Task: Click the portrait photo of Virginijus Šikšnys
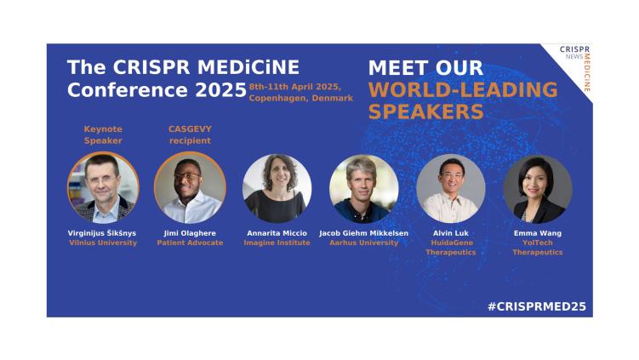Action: pyautogui.click(x=102, y=188)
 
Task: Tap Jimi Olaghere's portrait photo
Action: pyautogui.click(x=189, y=188)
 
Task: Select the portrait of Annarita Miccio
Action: pyautogui.click(x=277, y=188)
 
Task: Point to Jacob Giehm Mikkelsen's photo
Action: pyautogui.click(x=363, y=188)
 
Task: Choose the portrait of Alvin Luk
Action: pyautogui.click(x=450, y=188)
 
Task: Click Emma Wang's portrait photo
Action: pyautogui.click(x=537, y=188)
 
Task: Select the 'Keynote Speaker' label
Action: pyautogui.click(x=102, y=134)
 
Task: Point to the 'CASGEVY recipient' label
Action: pyautogui.click(x=190, y=134)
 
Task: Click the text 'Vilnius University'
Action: pyautogui.click(x=102, y=243)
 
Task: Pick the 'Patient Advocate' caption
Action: pyautogui.click(x=189, y=243)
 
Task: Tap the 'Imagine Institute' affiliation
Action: pyautogui.click(x=277, y=243)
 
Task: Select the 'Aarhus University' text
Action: pyautogui.click(x=363, y=243)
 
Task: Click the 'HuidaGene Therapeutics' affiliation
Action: pyautogui.click(x=450, y=247)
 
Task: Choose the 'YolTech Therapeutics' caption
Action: pyautogui.click(x=537, y=247)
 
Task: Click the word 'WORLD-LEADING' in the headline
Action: pyautogui.click(x=463, y=90)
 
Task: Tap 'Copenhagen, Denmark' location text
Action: pyautogui.click(x=300, y=98)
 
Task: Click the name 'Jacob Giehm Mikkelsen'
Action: pyautogui.click(x=363, y=232)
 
